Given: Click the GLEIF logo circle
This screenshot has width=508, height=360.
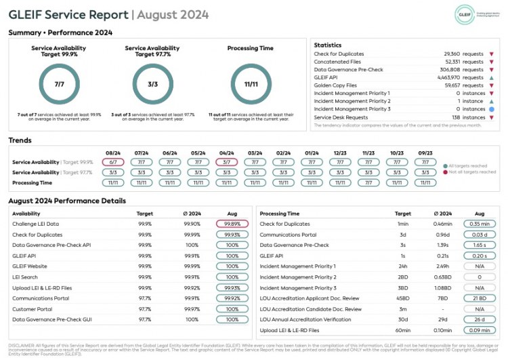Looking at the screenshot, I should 465,14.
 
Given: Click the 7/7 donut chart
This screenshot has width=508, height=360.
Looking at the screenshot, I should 60,84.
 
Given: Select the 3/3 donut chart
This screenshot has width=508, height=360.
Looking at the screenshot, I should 152,84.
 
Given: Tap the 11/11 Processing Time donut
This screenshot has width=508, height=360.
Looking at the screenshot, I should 251,84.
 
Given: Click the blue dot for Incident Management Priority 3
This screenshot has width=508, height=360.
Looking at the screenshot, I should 491,109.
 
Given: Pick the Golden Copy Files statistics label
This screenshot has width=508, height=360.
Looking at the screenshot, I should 335,85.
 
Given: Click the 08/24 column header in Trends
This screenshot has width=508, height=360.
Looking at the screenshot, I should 113,153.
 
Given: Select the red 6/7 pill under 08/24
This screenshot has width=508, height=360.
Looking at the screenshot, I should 113,163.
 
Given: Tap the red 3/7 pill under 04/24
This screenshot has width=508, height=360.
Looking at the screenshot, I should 226,163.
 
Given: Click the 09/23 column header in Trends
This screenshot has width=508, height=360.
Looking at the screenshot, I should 425,153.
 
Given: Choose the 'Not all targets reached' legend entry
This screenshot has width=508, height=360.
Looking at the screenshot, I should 471,172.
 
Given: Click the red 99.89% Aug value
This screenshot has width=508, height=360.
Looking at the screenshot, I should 232,224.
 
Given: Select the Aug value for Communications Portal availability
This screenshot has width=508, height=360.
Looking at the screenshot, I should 232,298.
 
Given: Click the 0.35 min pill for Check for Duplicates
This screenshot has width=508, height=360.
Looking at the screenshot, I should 480,224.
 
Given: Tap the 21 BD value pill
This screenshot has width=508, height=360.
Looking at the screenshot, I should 480,298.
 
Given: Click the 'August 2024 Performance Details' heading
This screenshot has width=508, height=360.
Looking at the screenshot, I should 67,201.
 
